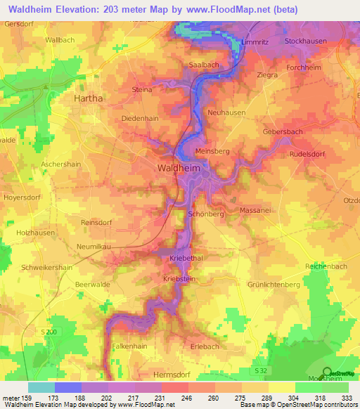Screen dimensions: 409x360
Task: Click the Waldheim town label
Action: coord(176,169)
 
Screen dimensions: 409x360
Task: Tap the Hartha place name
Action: coord(89,99)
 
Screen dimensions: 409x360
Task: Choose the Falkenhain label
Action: coord(130,346)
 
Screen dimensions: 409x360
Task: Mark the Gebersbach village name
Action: coord(283,132)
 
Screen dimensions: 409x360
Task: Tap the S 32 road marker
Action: coord(261,370)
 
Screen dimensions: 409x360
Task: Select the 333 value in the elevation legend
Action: coord(346,397)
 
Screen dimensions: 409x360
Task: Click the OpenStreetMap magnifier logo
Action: coord(327,372)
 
